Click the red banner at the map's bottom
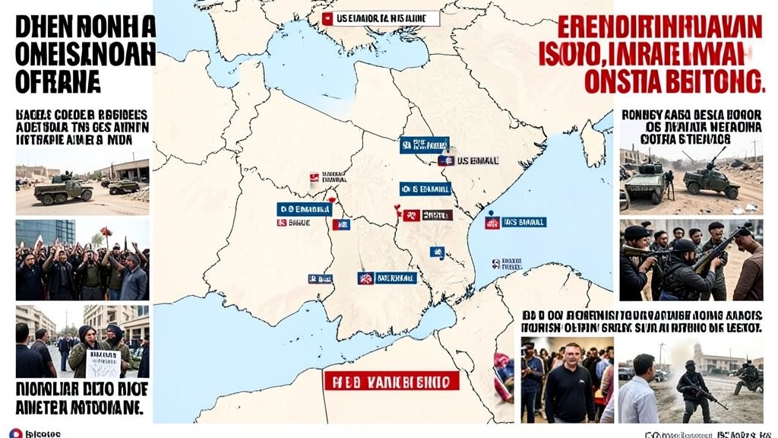coord(391,379)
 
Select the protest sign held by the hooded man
coord(103,363)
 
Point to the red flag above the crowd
coord(106,231)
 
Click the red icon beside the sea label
coord(492,223)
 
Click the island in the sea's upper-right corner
coord(591,141)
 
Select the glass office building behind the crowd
coord(45,233)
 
